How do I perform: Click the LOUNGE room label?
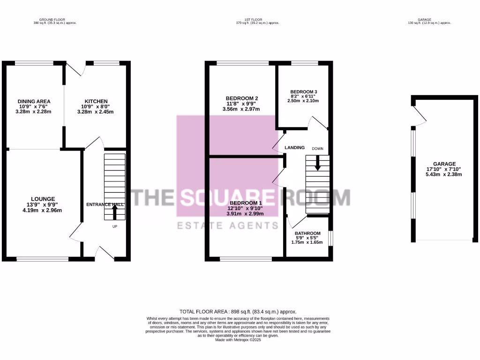[43, 199]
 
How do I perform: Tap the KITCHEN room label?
[96, 101]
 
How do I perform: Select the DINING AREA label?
[34, 101]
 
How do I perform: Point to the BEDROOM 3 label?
[304, 91]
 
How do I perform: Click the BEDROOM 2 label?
[242, 98]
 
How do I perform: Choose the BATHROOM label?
[307, 233]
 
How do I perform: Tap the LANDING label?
[295, 148]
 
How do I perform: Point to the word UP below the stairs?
[114, 227]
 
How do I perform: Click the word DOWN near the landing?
[318, 149]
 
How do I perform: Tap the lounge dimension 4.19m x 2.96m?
[43, 210]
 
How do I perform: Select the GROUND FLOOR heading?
[52, 20]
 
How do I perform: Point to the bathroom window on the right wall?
[331, 238]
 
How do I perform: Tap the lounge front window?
[43, 258]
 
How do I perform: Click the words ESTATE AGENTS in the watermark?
[226, 226]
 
